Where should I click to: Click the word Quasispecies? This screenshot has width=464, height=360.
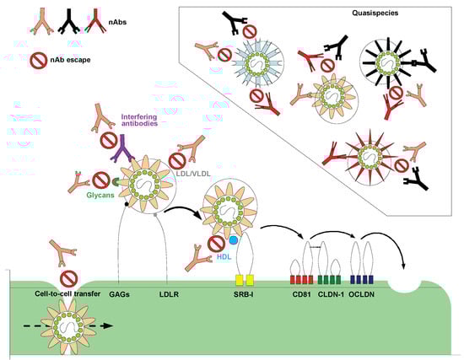(x=399, y=14)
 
